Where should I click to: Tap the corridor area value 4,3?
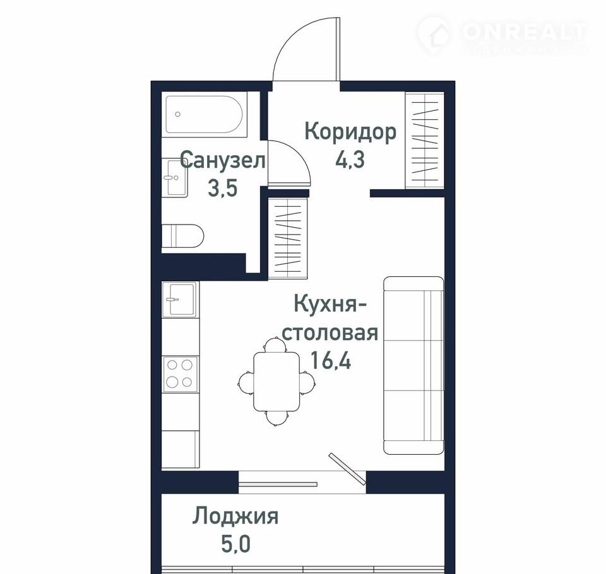[350, 159]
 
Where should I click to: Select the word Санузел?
[223, 160]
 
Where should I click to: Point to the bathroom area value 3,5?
[222, 188]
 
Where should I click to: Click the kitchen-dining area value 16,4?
[331, 360]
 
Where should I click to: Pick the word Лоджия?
[235, 516]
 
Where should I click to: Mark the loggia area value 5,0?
[235, 543]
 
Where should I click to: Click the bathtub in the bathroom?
[204, 114]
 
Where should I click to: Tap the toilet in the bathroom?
[182, 236]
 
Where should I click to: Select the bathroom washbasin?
[175, 178]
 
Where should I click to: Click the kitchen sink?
[180, 300]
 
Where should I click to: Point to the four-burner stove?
[180, 373]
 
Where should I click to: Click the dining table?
[276, 381]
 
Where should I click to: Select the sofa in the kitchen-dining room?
[413, 365]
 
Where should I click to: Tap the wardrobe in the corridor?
[425, 140]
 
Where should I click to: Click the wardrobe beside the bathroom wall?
[288, 238]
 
